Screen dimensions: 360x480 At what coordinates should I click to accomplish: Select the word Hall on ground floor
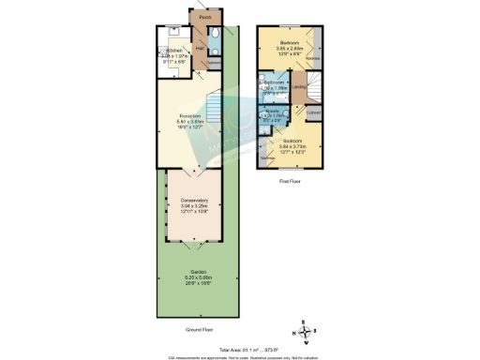[201, 49]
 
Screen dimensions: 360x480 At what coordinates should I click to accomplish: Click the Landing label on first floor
[298, 87]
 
